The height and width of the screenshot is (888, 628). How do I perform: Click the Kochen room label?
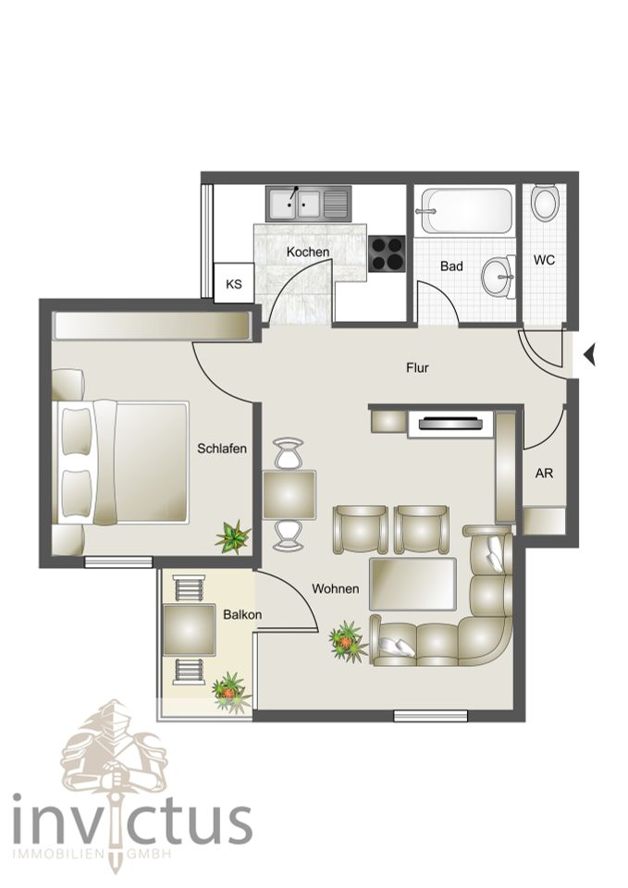point(307,252)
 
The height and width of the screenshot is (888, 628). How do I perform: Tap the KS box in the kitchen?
point(234,283)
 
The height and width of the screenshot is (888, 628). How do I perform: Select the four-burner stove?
point(388,253)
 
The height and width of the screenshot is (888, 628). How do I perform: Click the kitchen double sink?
point(308,203)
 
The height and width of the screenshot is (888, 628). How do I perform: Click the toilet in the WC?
point(546,203)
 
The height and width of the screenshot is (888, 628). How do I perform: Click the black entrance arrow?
point(590,355)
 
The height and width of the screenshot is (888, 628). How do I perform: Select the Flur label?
point(417,368)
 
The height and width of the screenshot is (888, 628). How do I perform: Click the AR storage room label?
point(544,473)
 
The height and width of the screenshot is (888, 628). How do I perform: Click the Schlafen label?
point(222,449)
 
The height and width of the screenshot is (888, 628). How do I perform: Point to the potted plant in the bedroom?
point(233,536)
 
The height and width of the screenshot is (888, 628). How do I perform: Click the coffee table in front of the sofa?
point(413,584)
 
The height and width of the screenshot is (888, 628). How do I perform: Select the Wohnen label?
point(335,589)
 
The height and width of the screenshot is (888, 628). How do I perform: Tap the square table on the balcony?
point(189,630)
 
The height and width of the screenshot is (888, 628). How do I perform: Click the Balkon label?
point(242,615)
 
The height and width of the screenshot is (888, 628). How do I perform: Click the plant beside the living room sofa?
point(348,642)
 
